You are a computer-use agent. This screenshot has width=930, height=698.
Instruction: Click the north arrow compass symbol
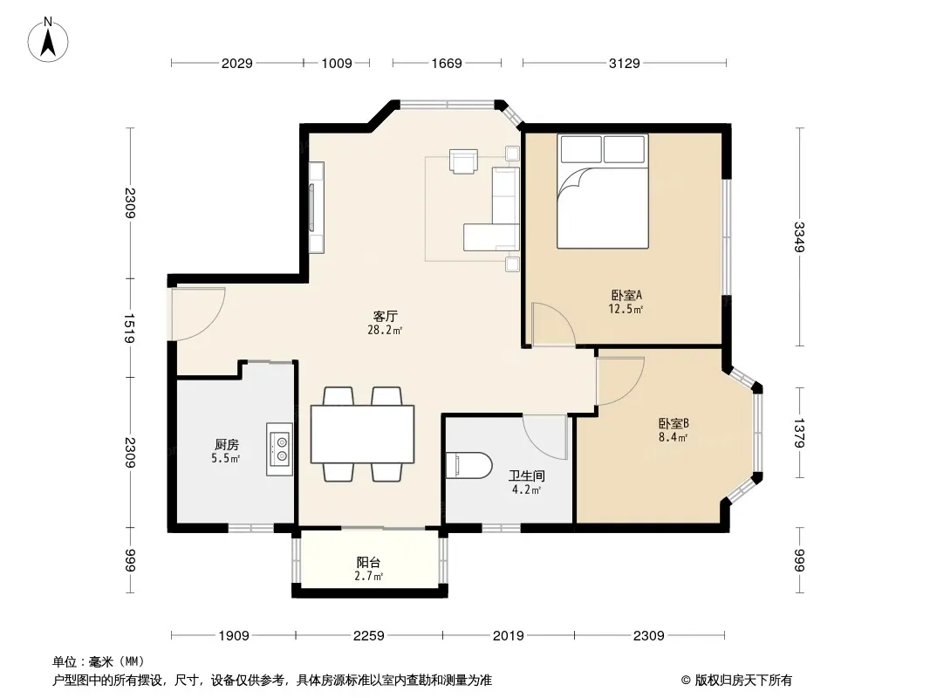[48, 40]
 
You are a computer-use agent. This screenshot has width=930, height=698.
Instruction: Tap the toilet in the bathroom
[468, 466]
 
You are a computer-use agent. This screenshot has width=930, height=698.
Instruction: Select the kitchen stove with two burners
[279, 449]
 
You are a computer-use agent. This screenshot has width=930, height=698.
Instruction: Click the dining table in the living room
[362, 434]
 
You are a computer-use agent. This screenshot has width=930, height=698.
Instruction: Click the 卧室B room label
[674, 423]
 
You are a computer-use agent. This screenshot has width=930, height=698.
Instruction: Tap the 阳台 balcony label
[368, 562]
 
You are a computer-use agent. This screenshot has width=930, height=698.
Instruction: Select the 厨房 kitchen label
[226, 444]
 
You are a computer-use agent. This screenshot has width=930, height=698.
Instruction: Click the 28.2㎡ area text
[385, 331]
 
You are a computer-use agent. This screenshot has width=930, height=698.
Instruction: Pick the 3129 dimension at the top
[624, 63]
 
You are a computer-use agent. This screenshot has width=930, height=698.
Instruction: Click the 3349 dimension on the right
[799, 236]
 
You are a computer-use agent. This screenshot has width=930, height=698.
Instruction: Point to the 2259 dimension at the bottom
[369, 636]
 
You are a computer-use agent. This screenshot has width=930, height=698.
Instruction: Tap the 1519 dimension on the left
[131, 328]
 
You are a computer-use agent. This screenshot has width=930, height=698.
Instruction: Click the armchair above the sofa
[463, 161]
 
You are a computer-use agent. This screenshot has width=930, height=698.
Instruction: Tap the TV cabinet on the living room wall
[316, 207]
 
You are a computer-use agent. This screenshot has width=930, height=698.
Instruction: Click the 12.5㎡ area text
[626, 309]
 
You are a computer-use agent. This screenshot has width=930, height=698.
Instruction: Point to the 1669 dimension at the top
[446, 63]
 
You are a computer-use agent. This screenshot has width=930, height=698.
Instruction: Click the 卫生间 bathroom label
[527, 476]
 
